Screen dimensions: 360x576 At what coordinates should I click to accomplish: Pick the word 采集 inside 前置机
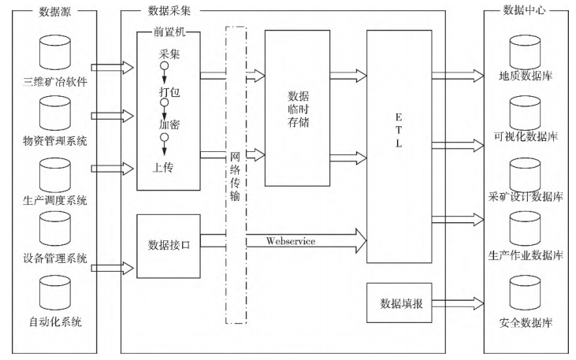pos(165,54)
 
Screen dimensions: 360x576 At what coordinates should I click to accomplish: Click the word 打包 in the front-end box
pos(165,92)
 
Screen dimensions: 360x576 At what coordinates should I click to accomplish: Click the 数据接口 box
pos(168,245)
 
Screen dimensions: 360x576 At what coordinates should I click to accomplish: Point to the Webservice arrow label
pos(292,241)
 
